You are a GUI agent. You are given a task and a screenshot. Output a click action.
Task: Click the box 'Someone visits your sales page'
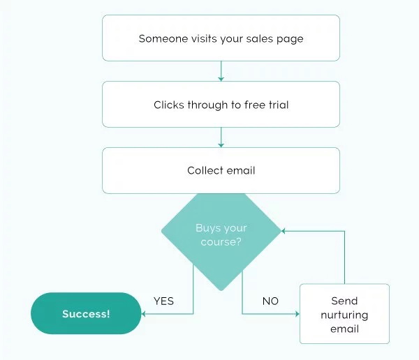[x=221, y=38]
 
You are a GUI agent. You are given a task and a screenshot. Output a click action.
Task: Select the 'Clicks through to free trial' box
[x=221, y=105]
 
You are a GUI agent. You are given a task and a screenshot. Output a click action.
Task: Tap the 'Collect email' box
[x=221, y=170]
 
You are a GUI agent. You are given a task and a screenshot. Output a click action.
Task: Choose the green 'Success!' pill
[x=86, y=313]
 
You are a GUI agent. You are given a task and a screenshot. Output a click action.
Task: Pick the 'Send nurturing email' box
[x=344, y=314]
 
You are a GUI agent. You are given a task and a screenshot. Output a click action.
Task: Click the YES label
[x=163, y=301]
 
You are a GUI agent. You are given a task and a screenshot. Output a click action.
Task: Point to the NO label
[x=270, y=301]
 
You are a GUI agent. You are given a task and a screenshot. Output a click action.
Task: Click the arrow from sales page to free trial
[x=221, y=71]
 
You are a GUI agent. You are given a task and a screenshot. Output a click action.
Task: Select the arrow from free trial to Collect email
[x=221, y=137]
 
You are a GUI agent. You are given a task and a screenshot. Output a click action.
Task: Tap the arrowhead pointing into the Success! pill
[x=145, y=314]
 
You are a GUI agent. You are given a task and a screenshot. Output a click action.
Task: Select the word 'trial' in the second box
[x=277, y=105]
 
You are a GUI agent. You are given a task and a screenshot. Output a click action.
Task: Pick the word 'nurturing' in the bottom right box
[x=344, y=315]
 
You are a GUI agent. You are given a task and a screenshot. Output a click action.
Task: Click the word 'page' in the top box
[x=290, y=39]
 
